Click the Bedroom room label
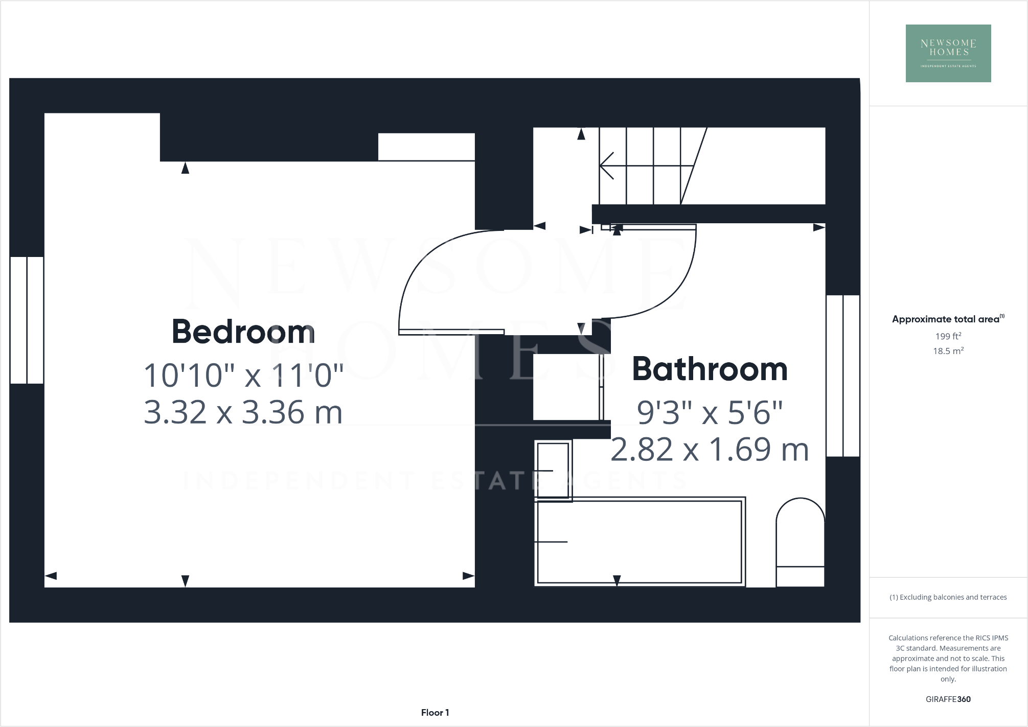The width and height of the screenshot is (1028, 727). pos(243,332)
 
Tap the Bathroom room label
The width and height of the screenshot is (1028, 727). pos(710,369)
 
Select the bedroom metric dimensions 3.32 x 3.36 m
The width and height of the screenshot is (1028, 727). pos(243,412)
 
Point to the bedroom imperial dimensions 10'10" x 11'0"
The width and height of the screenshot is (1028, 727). pos(243,376)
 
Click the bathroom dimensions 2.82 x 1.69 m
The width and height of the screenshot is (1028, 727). pos(710,450)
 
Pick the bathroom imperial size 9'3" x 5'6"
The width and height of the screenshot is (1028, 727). pos(710,412)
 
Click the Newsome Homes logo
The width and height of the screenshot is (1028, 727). pos(948,53)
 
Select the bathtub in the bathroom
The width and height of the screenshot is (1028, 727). pos(639,542)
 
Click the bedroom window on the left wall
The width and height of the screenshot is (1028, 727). pos(27,320)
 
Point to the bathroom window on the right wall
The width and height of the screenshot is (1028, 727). pos(843,376)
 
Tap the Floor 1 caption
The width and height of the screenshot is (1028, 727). pos(435,713)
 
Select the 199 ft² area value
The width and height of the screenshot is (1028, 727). pos(948,336)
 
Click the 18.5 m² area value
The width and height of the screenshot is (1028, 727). pos(948,351)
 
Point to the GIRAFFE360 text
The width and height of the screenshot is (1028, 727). pos(948,699)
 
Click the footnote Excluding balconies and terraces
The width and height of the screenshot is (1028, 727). pos(948,597)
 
